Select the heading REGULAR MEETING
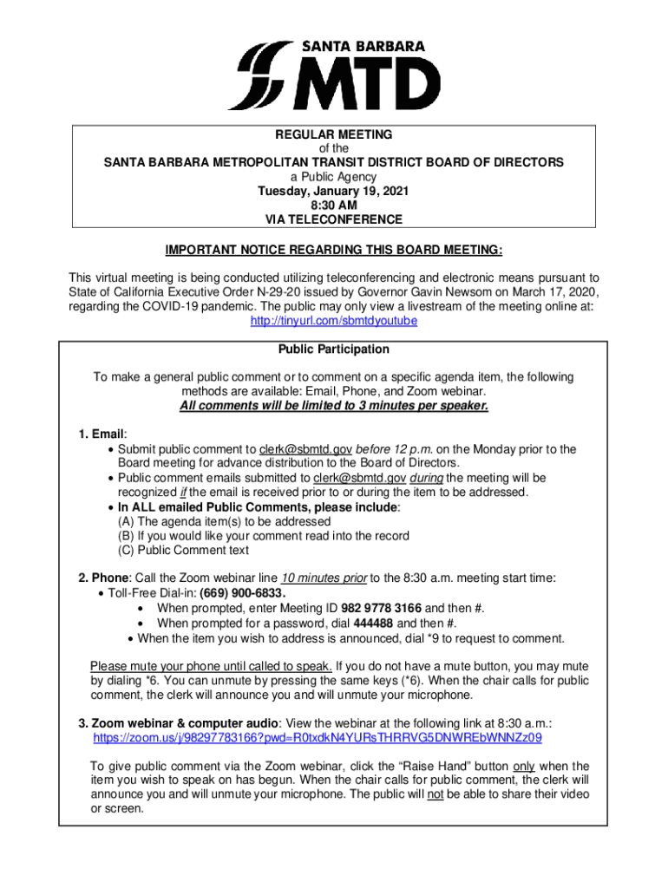point(334,134)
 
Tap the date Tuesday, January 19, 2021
point(334,191)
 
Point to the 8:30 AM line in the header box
point(334,206)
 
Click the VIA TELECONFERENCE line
point(334,219)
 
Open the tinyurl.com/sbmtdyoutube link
point(334,320)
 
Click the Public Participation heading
point(334,349)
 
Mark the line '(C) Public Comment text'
point(183,550)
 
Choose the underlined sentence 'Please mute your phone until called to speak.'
point(211,666)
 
